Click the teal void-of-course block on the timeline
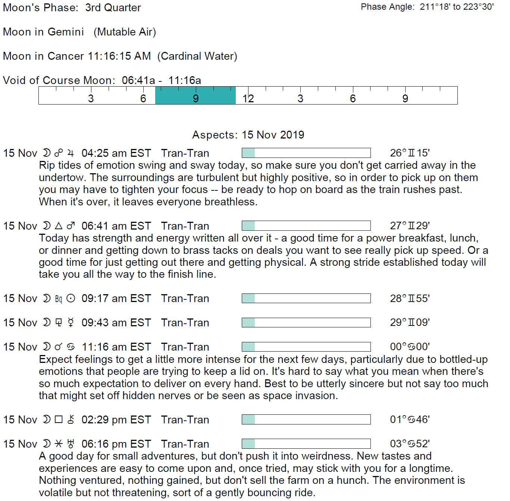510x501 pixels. (x=195, y=95)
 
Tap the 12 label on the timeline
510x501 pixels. (x=248, y=99)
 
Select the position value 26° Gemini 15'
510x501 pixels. (x=410, y=153)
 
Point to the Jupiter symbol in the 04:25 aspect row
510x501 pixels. (x=71, y=153)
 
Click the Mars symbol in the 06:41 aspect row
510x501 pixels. (x=71, y=226)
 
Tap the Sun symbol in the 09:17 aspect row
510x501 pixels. (x=71, y=298)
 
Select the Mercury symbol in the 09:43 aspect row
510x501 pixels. (x=71, y=323)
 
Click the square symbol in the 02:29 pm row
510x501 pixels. (x=59, y=420)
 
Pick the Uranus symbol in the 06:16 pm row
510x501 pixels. (x=71, y=444)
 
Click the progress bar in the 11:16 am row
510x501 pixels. (x=306, y=347)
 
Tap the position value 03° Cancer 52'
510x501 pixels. (x=410, y=444)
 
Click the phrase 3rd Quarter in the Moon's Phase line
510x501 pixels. (x=113, y=8)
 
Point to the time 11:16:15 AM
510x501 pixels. (x=119, y=56)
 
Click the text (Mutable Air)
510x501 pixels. (x=125, y=32)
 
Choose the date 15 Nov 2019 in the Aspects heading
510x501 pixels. (x=273, y=135)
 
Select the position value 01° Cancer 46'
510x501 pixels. (x=410, y=420)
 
